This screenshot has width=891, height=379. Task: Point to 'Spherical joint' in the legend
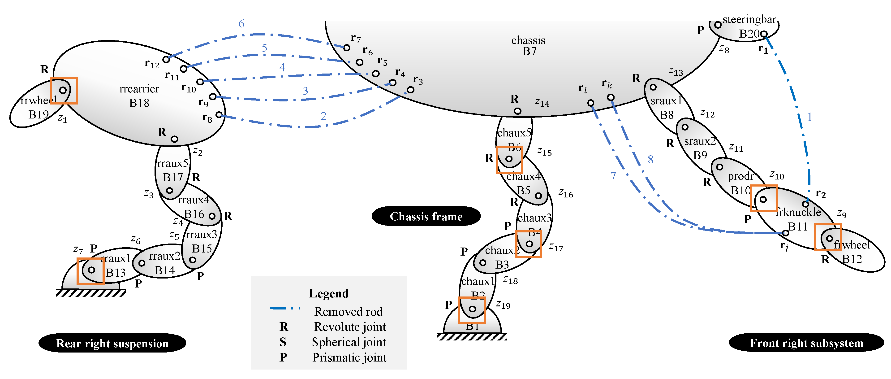click(349, 342)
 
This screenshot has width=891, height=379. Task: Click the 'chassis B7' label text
click(529, 46)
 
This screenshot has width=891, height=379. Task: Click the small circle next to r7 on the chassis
click(347, 48)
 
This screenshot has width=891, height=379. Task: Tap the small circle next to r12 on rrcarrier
click(166, 59)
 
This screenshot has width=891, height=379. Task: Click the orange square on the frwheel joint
click(828, 237)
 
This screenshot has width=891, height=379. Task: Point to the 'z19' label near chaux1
click(503, 305)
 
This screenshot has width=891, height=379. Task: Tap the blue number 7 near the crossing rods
click(613, 176)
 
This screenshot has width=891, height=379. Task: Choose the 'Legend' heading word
click(329, 293)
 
